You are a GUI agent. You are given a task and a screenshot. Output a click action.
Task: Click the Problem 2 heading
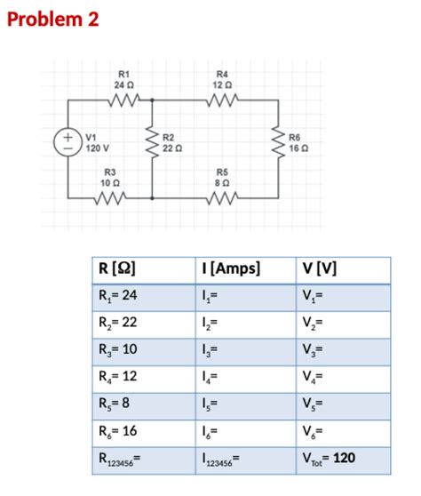point(53,19)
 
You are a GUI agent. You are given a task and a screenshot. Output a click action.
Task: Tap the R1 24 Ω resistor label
point(123,79)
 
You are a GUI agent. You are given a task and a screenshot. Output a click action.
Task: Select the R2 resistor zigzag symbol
point(153,141)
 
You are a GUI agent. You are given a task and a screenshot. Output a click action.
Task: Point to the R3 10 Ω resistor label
point(110,176)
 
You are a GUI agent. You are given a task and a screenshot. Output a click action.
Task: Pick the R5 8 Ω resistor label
point(223,176)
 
